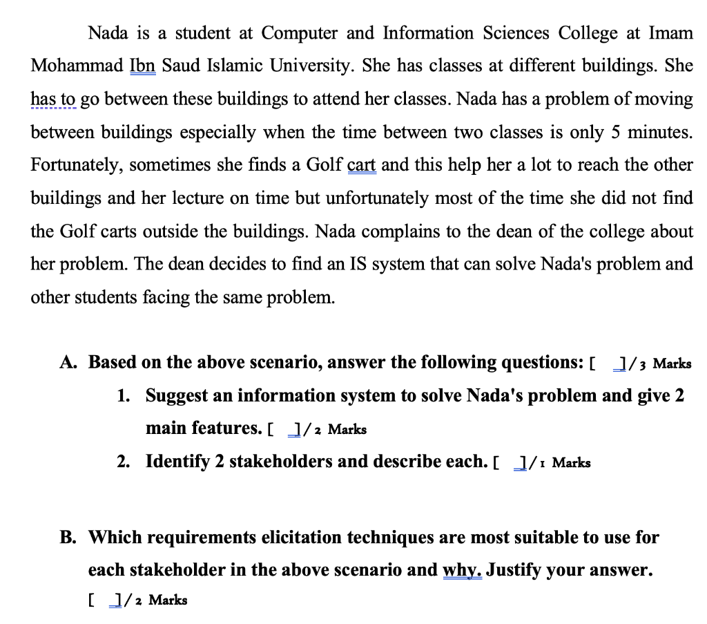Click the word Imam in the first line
(x=670, y=33)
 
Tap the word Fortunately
(x=77, y=165)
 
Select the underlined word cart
(x=361, y=165)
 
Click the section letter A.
(x=67, y=362)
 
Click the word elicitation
(x=303, y=537)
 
